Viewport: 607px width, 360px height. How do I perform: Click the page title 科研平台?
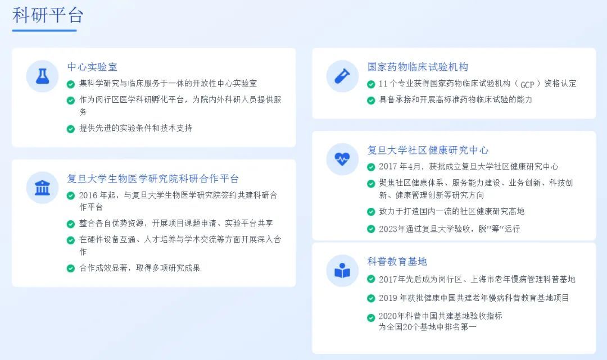(x=48, y=15)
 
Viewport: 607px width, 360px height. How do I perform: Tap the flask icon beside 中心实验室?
(x=42, y=76)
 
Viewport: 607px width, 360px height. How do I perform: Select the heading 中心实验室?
(x=92, y=67)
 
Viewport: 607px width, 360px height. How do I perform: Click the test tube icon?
(x=342, y=76)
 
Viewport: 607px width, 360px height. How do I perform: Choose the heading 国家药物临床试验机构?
(x=418, y=67)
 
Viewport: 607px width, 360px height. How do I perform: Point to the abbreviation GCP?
(x=527, y=84)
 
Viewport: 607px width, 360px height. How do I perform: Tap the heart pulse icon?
(x=342, y=159)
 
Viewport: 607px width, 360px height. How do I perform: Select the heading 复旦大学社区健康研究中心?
(x=428, y=150)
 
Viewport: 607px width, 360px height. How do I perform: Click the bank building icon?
(x=42, y=188)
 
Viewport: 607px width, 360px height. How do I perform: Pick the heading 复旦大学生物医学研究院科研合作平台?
(x=153, y=179)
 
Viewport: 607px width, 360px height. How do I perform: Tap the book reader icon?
(x=342, y=271)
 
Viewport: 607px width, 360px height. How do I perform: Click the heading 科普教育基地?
(x=397, y=261)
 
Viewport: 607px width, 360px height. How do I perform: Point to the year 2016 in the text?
(x=88, y=195)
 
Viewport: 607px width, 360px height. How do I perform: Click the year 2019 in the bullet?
(x=387, y=298)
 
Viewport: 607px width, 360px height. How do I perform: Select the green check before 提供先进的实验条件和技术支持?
(x=70, y=129)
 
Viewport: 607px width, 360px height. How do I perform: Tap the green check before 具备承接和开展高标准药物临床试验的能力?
(x=371, y=101)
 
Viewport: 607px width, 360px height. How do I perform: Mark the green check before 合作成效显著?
(x=70, y=268)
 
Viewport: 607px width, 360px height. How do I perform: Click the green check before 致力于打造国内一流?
(x=371, y=212)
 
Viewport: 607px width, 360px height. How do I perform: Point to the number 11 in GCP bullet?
(x=383, y=84)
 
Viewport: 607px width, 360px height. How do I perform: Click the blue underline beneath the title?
(x=44, y=30)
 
